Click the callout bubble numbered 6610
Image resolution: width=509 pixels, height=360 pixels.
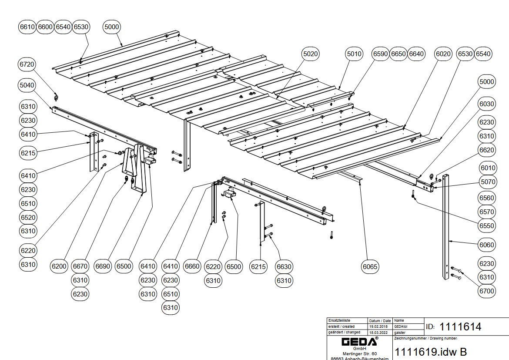coord(27,27)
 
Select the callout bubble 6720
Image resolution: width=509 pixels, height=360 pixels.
coord(27,64)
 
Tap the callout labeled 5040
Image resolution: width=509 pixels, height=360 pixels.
coord(27,85)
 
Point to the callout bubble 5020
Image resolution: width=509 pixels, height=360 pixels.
coord(311,54)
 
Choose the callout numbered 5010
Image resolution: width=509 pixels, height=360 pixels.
coord(354,54)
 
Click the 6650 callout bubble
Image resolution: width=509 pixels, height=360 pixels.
coord(398,54)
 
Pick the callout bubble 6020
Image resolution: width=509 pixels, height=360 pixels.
coord(443,54)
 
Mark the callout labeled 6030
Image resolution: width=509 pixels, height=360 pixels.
coord(487,104)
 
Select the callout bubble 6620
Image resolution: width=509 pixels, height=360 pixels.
coord(487,150)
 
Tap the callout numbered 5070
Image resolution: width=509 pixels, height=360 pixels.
coord(487,182)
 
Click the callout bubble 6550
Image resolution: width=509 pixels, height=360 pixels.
coord(487,226)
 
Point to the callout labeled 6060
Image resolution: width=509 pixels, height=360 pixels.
coord(487,245)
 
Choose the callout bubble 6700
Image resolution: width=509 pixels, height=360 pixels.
coord(487,291)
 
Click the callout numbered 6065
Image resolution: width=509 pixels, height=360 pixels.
coord(370,266)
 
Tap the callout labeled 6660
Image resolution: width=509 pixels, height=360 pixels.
coord(192,266)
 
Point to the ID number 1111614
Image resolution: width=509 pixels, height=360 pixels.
coord(460,326)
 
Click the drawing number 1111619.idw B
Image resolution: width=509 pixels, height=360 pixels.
coord(431,352)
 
